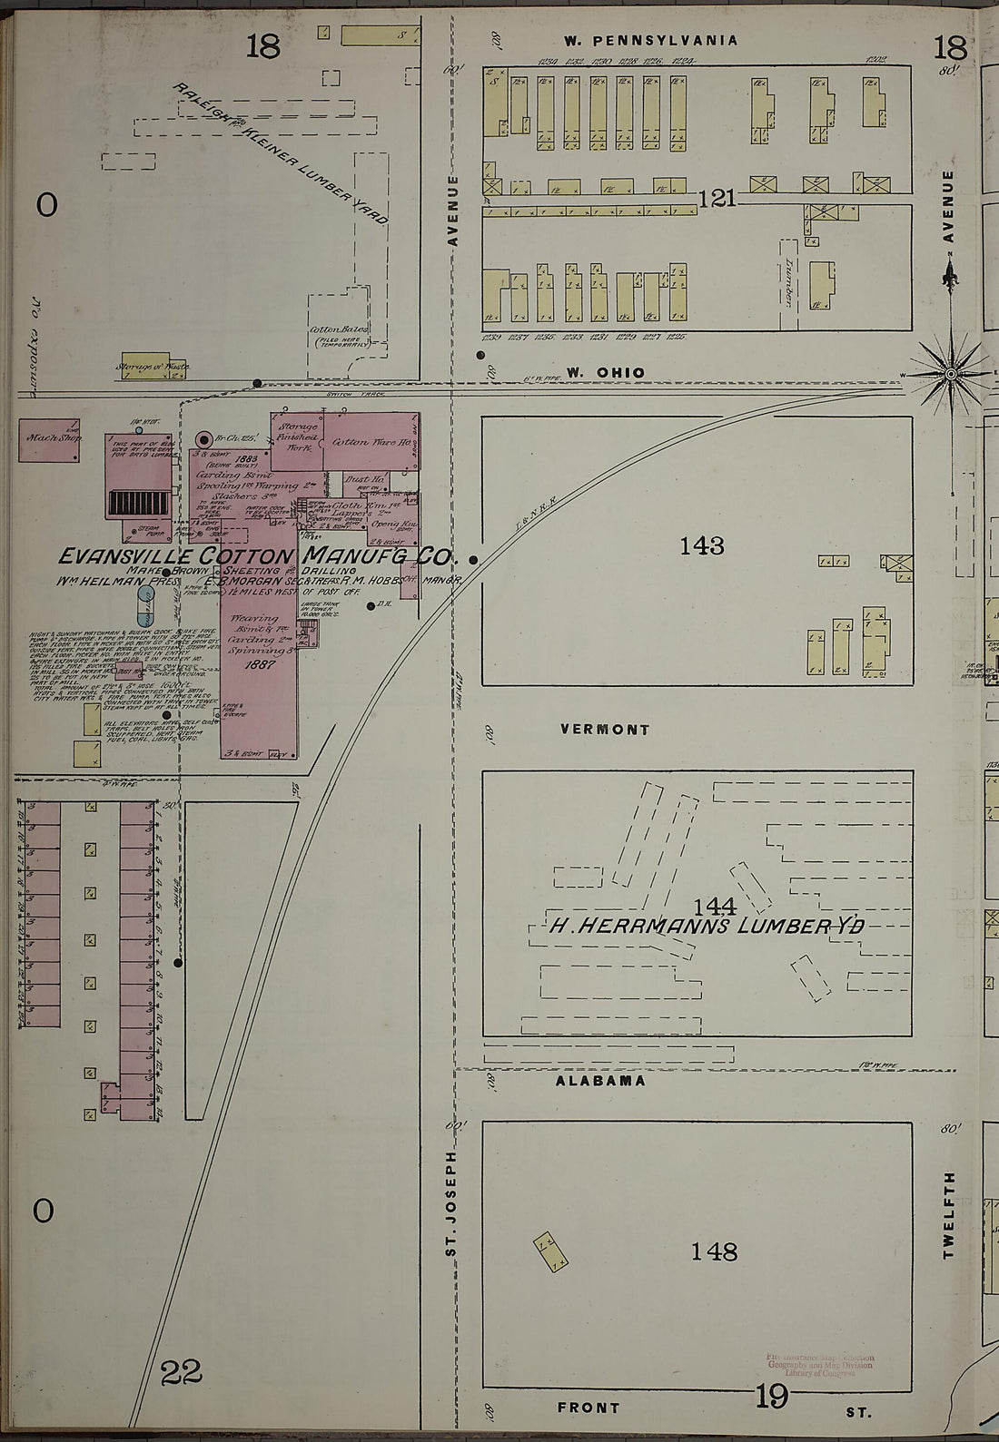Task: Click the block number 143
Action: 702,545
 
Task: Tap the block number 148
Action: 714,1251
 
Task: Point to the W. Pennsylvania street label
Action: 649,40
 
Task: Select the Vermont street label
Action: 605,729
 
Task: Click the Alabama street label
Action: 600,1081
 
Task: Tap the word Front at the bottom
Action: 589,1408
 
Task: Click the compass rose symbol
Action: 950,373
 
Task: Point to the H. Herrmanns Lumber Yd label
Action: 706,927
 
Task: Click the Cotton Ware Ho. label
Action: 361,442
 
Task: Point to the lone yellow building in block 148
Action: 550,1251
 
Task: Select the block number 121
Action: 717,198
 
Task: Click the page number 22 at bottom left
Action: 182,1373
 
